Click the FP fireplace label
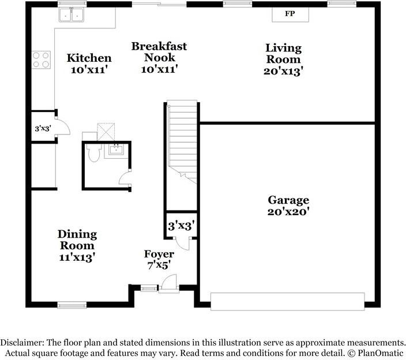(x=290, y=13)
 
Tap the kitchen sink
(x=71, y=15)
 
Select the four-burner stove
(x=41, y=60)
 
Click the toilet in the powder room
(x=93, y=152)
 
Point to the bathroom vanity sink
(x=116, y=149)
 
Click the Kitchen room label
(x=89, y=58)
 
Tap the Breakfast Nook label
(x=159, y=52)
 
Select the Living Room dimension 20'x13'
(x=283, y=71)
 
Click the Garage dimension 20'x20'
(x=288, y=212)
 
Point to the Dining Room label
(x=77, y=240)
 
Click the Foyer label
(x=159, y=254)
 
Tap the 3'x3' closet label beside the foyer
(x=181, y=226)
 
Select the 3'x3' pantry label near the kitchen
(x=43, y=128)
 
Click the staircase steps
(x=182, y=142)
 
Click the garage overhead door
(x=288, y=302)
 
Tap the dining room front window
(x=72, y=305)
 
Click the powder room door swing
(x=125, y=178)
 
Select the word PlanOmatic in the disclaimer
(x=381, y=352)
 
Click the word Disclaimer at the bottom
(x=22, y=342)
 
